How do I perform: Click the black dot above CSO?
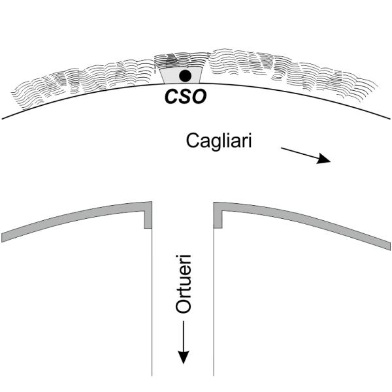(185, 76)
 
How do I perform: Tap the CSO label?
(184, 97)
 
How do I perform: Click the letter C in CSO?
(169, 97)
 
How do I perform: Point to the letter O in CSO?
(199, 97)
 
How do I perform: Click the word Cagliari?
(218, 141)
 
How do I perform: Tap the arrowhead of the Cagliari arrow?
(324, 159)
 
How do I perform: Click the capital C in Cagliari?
(193, 140)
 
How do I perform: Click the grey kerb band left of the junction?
(72, 219)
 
